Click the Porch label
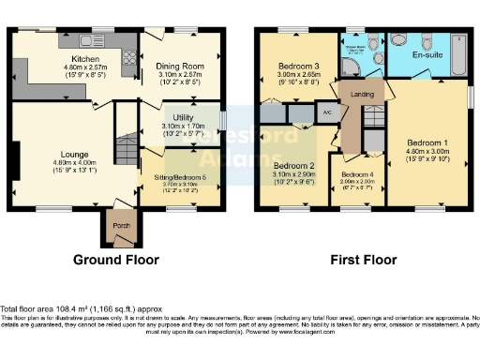click(x=119, y=225)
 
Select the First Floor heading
click(x=361, y=260)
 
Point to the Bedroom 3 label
click(x=297, y=66)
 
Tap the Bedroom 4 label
click(x=357, y=175)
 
